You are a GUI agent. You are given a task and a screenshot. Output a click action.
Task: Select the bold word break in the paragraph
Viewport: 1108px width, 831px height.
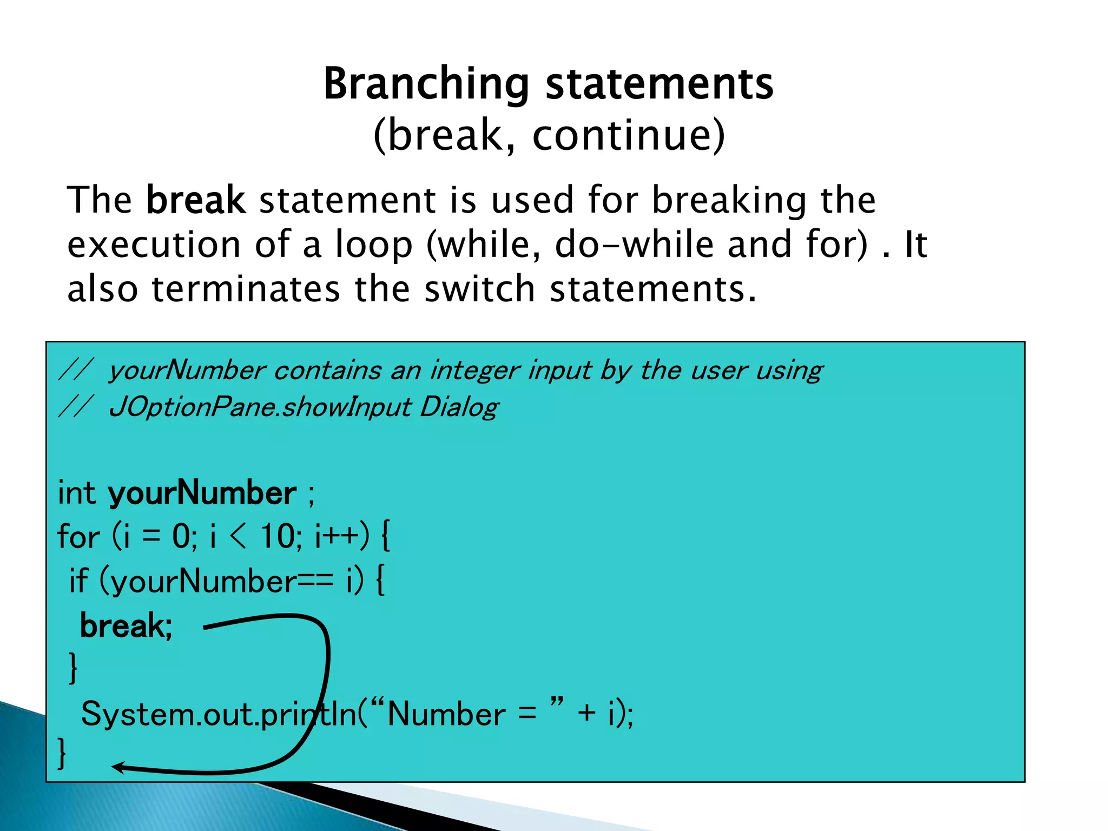pyautogui.click(x=196, y=200)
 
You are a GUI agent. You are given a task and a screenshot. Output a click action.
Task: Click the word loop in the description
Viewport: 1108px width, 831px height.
pyautogui.click(x=374, y=245)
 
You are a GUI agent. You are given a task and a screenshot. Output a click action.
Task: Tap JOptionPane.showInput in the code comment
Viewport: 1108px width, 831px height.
pyautogui.click(x=260, y=407)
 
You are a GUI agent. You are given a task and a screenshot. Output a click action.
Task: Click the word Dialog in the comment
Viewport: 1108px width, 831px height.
pyautogui.click(x=459, y=407)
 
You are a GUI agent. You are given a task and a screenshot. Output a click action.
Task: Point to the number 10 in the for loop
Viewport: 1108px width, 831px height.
pyautogui.click(x=277, y=537)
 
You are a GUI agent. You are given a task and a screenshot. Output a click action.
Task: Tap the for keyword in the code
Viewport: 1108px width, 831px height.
pyautogui.click(x=78, y=537)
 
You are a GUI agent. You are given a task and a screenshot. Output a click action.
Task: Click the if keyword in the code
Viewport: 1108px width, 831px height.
pyautogui.click(x=78, y=581)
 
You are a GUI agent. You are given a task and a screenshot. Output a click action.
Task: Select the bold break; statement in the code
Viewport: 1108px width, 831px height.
pyautogui.click(x=126, y=626)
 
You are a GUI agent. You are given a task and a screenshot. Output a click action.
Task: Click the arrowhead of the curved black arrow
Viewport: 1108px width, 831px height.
pyautogui.click(x=117, y=767)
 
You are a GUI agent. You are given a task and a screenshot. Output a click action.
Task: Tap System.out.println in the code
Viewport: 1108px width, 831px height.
pyautogui.click(x=219, y=714)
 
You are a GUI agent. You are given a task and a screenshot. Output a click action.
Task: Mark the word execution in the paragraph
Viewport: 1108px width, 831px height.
pyautogui.click(x=154, y=245)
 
